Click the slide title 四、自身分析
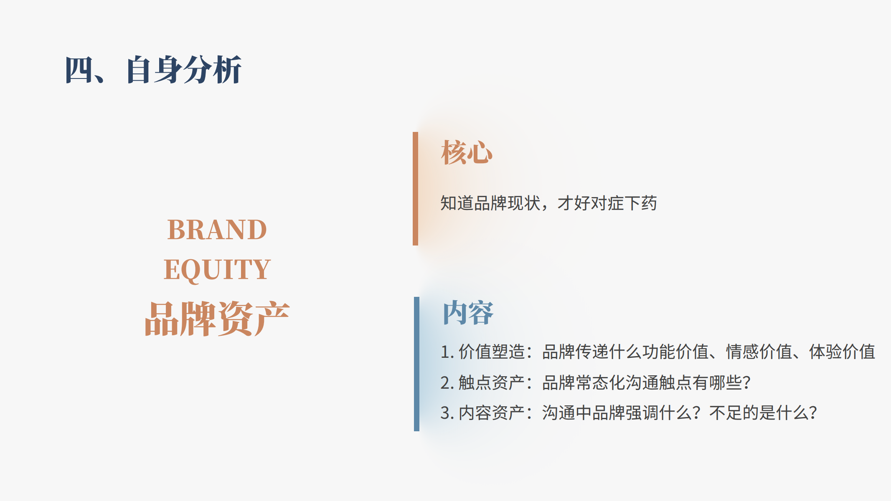[153, 70]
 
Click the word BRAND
[217, 230]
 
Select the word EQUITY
[217, 270]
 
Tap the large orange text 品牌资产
[217, 319]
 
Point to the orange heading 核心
[467, 152]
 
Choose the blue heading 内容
[468, 313]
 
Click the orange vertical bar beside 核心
[415, 189]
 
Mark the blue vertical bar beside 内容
[416, 364]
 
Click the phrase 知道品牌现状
[490, 203]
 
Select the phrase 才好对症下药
[607, 203]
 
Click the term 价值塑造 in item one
[492, 352]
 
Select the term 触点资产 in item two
[492, 382]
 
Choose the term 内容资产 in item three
[492, 413]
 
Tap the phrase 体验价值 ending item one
[842, 352]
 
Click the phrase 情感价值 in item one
[759, 352]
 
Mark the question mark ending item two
[747, 382]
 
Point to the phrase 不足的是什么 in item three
[759, 413]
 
